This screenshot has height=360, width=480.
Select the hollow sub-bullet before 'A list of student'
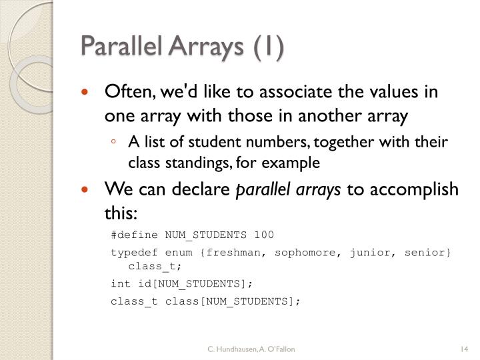coord(115,142)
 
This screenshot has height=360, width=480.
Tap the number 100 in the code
coord(264,235)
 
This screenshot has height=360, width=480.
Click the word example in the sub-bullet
coord(295,162)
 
